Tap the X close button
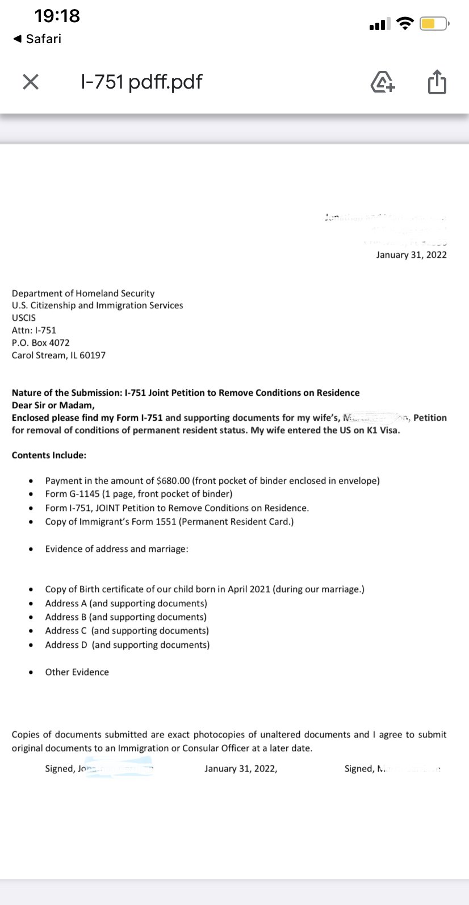click(31, 82)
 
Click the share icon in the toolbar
click(437, 82)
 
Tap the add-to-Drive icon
click(383, 82)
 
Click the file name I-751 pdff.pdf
click(141, 82)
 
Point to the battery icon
click(434, 24)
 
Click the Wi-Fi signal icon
click(405, 23)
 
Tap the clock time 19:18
click(57, 16)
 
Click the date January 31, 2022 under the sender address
click(411, 255)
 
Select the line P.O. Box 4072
click(41, 343)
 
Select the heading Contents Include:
click(49, 455)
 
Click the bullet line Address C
click(127, 631)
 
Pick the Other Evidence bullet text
click(77, 672)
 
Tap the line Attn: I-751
click(34, 330)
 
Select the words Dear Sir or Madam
click(53, 405)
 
